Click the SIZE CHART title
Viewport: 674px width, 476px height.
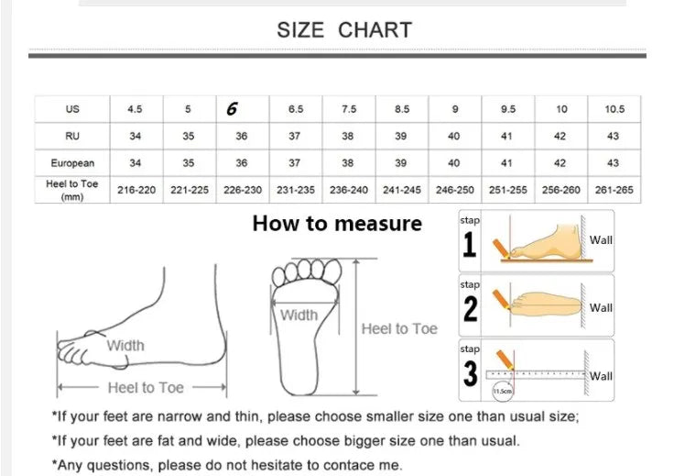pos(344,29)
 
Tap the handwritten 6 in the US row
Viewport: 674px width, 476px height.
pos(232,108)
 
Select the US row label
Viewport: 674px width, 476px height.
pos(72,109)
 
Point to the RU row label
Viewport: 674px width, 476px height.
pos(72,136)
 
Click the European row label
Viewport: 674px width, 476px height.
pos(72,163)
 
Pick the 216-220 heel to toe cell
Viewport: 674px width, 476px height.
pos(136,190)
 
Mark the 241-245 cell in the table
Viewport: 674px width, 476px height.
pos(402,190)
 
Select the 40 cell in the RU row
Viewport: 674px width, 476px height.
pos(455,136)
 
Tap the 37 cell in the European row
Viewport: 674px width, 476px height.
pos(296,163)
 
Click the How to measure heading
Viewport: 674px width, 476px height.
pos(337,223)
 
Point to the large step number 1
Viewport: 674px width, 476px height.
pos(470,246)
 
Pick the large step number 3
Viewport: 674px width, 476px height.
pos(470,374)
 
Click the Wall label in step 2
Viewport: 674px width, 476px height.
pos(602,308)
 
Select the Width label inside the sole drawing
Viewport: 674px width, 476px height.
pos(299,315)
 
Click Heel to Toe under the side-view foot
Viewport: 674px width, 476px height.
pos(145,388)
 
